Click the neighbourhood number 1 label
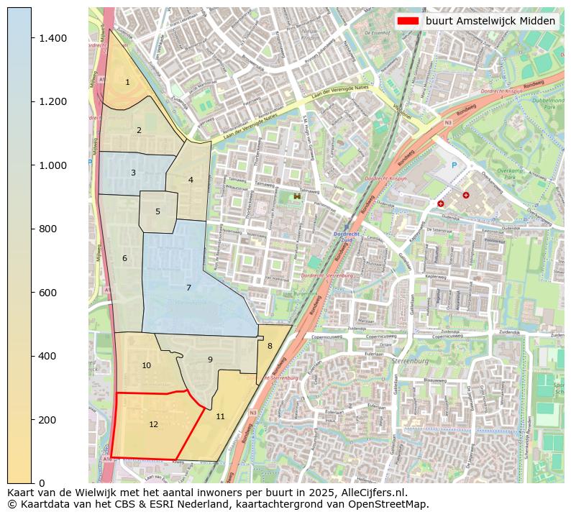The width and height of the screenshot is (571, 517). [x=127, y=82]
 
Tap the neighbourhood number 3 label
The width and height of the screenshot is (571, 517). [x=133, y=173]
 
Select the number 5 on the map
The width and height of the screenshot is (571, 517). [x=157, y=211]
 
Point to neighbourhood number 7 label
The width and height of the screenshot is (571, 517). [x=188, y=288]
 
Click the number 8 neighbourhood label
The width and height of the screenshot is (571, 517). [x=270, y=346]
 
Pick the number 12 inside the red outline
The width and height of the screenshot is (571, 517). [x=153, y=424]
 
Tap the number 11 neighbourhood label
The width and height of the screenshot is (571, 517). [x=220, y=416]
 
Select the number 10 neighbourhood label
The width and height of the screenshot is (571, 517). [x=146, y=365]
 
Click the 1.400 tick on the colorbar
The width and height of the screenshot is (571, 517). [x=54, y=37]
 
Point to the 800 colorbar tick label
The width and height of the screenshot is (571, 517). [x=54, y=229]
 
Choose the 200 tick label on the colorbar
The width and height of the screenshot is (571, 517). [x=54, y=419]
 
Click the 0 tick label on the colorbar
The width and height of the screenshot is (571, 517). [x=41, y=482]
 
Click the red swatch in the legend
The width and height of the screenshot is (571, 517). [x=408, y=21]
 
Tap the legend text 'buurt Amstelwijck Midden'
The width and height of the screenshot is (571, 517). [x=490, y=21]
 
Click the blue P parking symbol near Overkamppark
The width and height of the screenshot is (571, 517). [x=454, y=165]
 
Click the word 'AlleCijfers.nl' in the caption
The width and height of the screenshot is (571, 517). [x=373, y=493]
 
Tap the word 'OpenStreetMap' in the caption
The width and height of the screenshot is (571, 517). [x=390, y=504]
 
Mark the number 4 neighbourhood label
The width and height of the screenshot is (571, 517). [x=191, y=180]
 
